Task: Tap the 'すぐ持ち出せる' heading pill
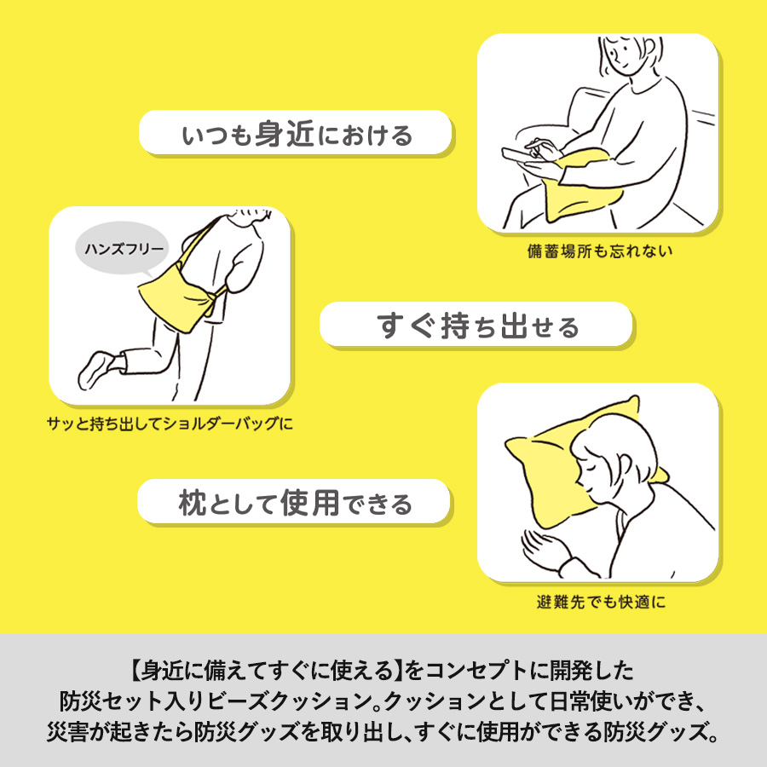coord(476,325)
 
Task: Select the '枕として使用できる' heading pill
coord(294,502)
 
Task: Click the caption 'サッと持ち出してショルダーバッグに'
coord(170,422)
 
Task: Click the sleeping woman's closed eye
coord(591,471)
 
